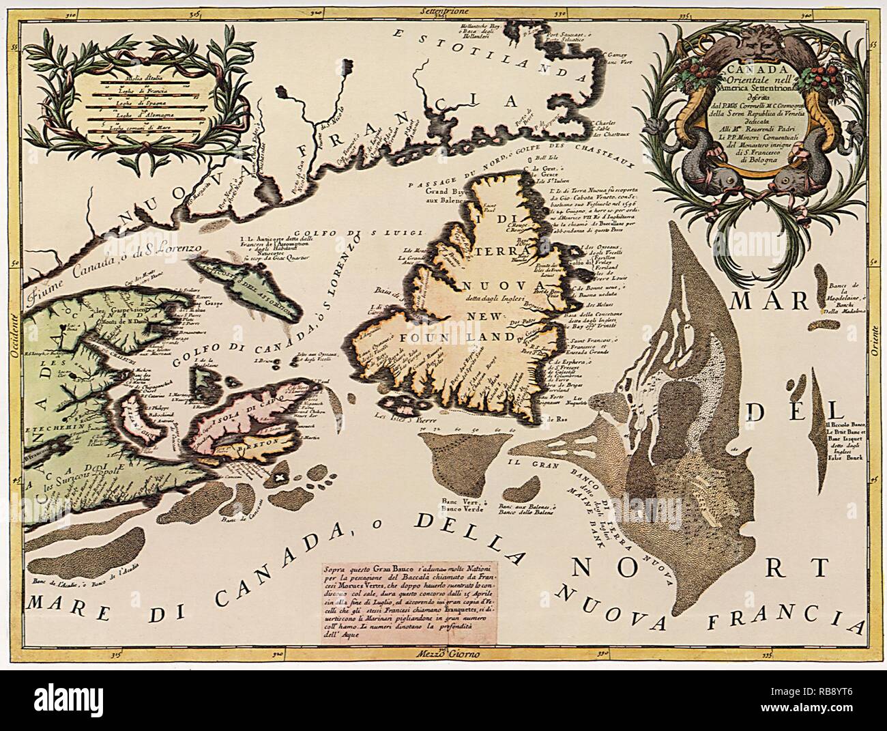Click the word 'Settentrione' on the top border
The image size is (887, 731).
(441, 10)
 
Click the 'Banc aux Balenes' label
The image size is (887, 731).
(536, 506)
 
